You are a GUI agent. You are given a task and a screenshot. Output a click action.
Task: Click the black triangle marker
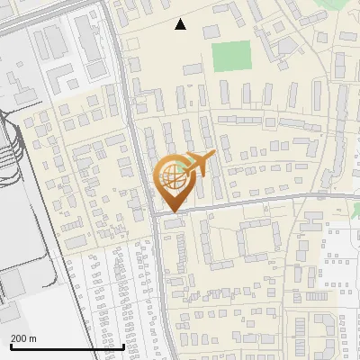pos(181,24)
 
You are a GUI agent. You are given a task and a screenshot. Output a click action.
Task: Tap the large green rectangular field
pos(231,56)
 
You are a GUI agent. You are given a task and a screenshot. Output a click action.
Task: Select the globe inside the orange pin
pos(170,176)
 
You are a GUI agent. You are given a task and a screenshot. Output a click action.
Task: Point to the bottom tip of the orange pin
pos(171,211)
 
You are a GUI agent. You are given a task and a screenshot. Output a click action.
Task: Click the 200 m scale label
pos(23,337)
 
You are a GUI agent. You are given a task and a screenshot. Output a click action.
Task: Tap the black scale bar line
pos(67,346)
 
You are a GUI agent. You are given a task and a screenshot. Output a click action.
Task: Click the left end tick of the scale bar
pos(11,345)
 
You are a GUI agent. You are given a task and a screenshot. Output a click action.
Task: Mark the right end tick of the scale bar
pos(123,345)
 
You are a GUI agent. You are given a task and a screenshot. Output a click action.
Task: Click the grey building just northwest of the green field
pos(211,32)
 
